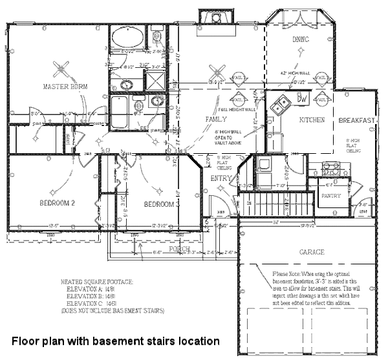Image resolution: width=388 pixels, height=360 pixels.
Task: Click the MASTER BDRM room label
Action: [x=65, y=87]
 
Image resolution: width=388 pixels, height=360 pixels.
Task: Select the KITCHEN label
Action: [x=312, y=121]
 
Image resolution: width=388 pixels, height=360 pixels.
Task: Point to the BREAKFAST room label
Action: [x=357, y=121]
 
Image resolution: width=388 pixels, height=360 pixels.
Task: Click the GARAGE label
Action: [x=312, y=251]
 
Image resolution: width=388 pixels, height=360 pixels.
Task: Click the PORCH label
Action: [x=179, y=249]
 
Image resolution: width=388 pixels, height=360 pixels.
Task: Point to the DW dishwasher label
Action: [x=302, y=100]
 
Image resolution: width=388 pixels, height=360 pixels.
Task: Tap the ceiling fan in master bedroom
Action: [x=63, y=67]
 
